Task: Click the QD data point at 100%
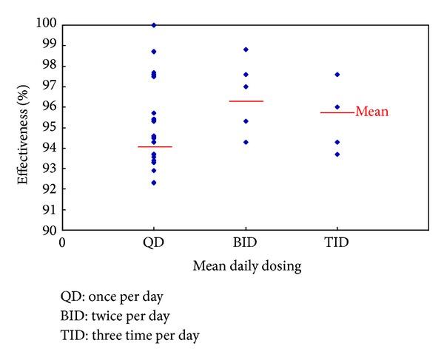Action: pos(154,25)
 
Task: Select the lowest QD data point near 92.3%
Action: pos(154,183)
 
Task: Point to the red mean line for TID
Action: pos(337,112)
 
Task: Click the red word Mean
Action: pos(372,112)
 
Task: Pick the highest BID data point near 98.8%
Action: pos(246,50)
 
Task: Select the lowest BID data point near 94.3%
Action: pos(246,142)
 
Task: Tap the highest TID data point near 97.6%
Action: pos(337,74)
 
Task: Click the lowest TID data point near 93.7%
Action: pos(337,154)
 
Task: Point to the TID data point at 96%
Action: pos(337,106)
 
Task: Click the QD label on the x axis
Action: pos(154,242)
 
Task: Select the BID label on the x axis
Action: pos(246,242)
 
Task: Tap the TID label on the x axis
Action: pos(337,242)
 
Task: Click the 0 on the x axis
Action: pos(63,242)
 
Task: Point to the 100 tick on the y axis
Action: pos(46,24)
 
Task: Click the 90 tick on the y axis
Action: pos(49,230)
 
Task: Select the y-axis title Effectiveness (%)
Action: pos(24,127)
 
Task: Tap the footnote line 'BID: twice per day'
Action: pos(116,316)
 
